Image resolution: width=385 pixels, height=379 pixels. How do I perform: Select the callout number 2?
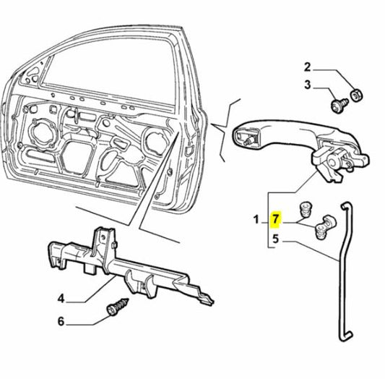point(307,67)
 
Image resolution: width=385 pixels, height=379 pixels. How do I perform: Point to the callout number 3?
point(307,85)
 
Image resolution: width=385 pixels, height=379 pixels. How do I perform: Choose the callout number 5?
point(275,237)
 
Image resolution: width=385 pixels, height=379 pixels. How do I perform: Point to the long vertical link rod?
point(343,268)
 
